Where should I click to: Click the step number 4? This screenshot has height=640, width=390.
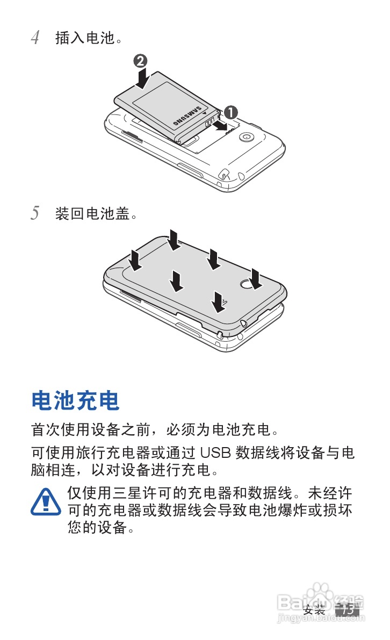click(x=35, y=38)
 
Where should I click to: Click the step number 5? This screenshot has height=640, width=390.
click(x=35, y=213)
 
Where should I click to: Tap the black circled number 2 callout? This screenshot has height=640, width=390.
click(x=140, y=61)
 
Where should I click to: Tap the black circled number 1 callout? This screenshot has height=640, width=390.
click(x=230, y=112)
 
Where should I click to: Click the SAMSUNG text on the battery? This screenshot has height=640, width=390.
click(x=187, y=116)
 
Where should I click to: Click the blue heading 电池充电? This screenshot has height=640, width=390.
click(x=75, y=400)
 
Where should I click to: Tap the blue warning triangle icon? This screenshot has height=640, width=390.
click(x=46, y=502)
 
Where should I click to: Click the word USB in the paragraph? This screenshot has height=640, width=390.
click(x=215, y=453)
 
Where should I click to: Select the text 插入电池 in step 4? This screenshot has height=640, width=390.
click(x=85, y=38)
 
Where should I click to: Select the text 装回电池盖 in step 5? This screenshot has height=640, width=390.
click(x=92, y=213)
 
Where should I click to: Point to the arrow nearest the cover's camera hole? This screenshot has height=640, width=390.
click(x=256, y=279)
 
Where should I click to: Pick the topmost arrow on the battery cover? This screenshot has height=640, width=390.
click(x=174, y=240)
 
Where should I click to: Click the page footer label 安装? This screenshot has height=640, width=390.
click(x=314, y=610)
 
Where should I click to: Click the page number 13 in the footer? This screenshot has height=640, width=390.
click(x=347, y=610)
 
